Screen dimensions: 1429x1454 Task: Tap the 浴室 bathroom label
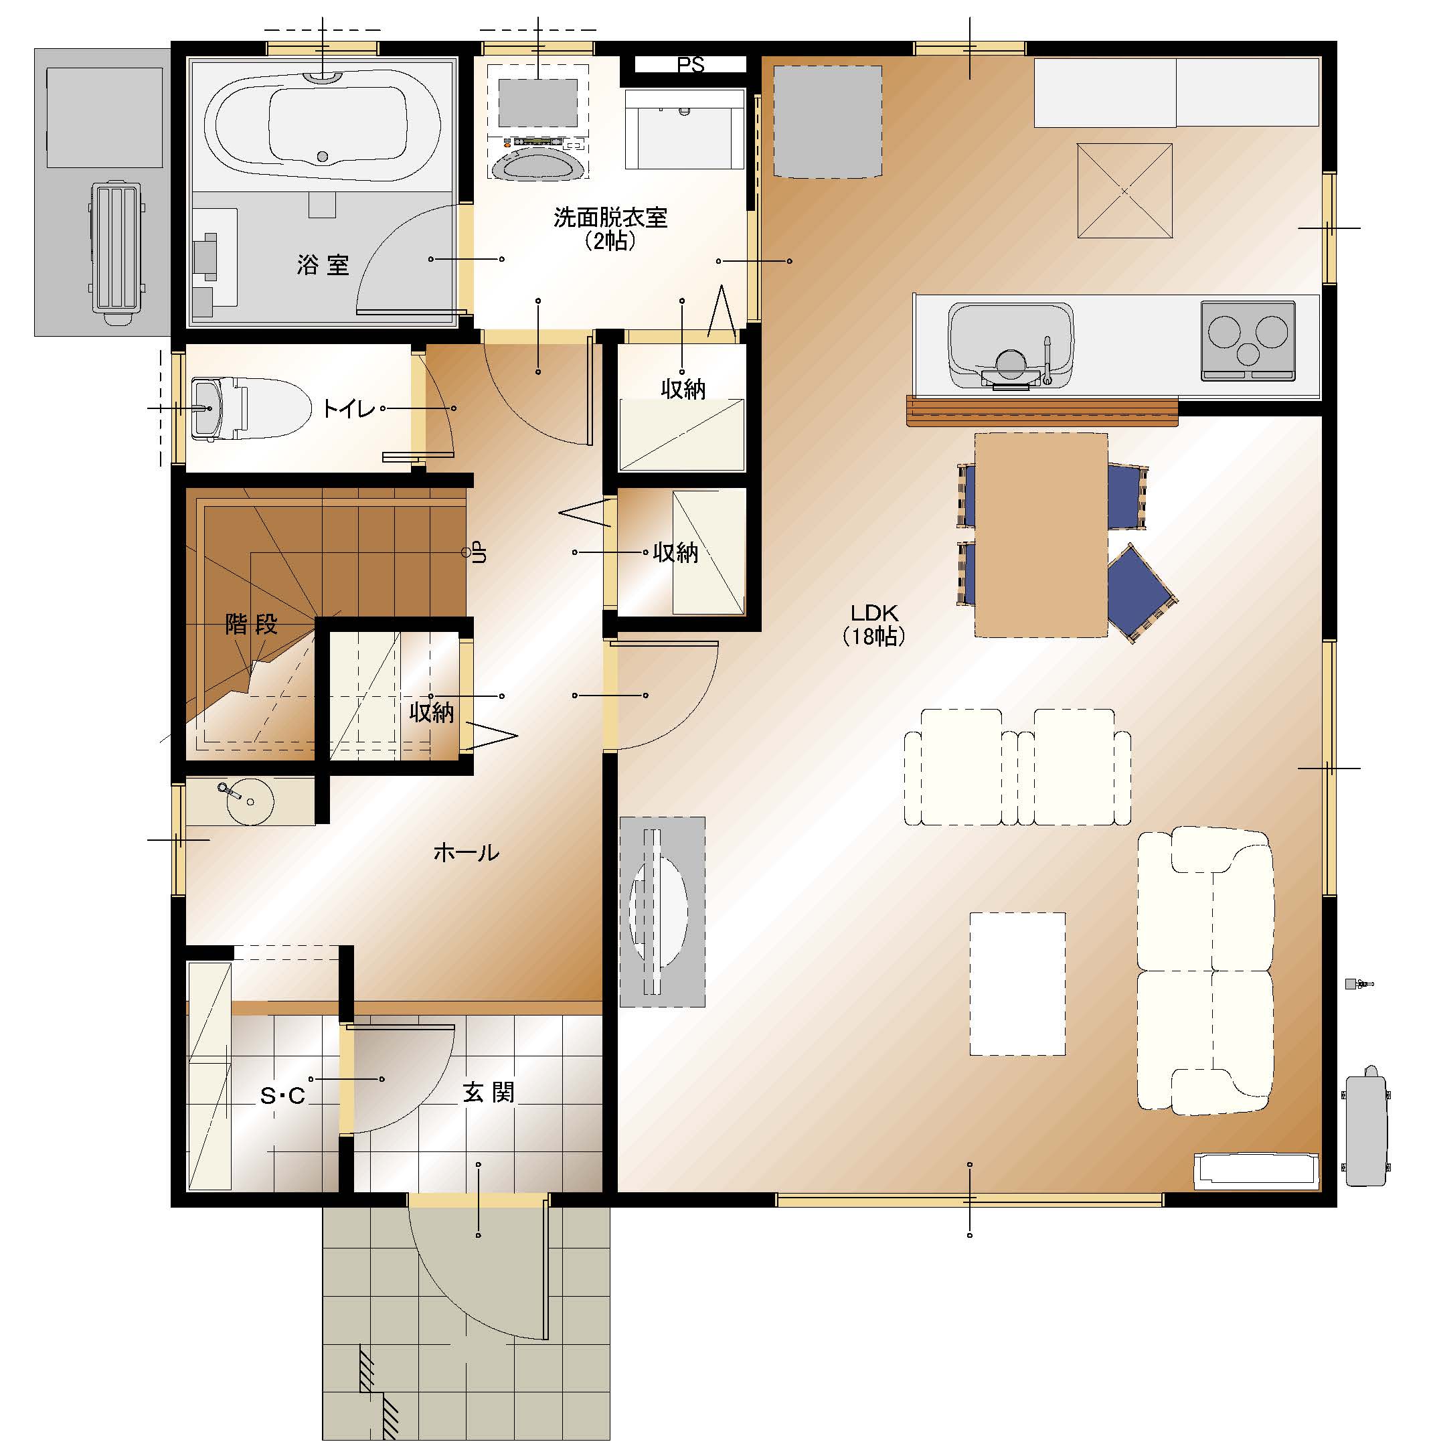click(323, 264)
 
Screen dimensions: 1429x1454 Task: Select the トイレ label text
click(348, 408)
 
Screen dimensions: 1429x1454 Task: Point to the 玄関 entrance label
click(489, 1093)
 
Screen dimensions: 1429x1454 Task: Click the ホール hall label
click(466, 852)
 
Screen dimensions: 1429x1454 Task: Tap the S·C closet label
click(282, 1096)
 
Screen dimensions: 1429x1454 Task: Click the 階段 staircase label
click(252, 624)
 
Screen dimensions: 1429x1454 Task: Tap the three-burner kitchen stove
click(1248, 340)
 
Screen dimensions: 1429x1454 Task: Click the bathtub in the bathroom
click(323, 125)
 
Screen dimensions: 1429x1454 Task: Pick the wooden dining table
click(1041, 534)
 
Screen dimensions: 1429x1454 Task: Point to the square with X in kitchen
click(1124, 191)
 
